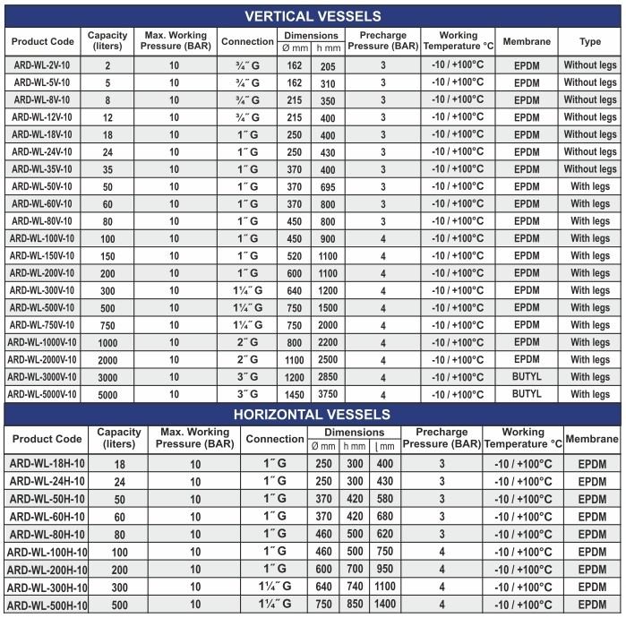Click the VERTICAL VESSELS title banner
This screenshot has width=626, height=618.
313,15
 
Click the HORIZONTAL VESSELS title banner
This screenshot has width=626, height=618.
313,414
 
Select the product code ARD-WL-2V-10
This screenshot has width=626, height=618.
43,65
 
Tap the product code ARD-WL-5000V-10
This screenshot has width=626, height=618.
43,394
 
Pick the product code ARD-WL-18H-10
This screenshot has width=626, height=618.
47,464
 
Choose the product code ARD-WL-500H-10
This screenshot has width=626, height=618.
47,605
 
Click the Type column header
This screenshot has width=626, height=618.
590,41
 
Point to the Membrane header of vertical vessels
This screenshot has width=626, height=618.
527,41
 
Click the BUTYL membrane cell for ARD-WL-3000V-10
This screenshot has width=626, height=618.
527,377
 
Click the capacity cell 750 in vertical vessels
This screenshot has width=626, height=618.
107,325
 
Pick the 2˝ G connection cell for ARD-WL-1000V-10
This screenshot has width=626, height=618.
246,342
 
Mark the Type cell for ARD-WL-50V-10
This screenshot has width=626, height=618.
590,186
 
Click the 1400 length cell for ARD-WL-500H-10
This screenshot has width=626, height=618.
384,605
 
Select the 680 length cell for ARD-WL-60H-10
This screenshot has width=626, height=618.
384,517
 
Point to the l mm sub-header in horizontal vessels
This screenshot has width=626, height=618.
385,446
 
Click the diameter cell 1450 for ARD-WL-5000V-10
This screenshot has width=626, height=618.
292,394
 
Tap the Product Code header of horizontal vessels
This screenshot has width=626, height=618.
47,439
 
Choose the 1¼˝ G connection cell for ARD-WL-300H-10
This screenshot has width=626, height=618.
275,587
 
